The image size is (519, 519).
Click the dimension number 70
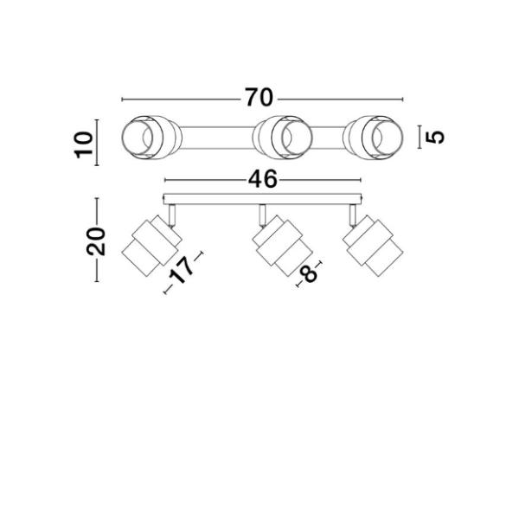pos(259,98)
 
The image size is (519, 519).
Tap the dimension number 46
pos(263,179)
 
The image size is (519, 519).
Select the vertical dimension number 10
pos(83,144)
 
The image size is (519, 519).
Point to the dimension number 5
pos(435,137)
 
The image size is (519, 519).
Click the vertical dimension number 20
pos(96,241)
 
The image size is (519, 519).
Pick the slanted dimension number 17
pos(182,271)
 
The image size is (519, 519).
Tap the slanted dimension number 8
pos(308,273)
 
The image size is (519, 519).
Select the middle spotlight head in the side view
pos(282,246)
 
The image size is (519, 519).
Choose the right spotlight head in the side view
pos(373,246)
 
